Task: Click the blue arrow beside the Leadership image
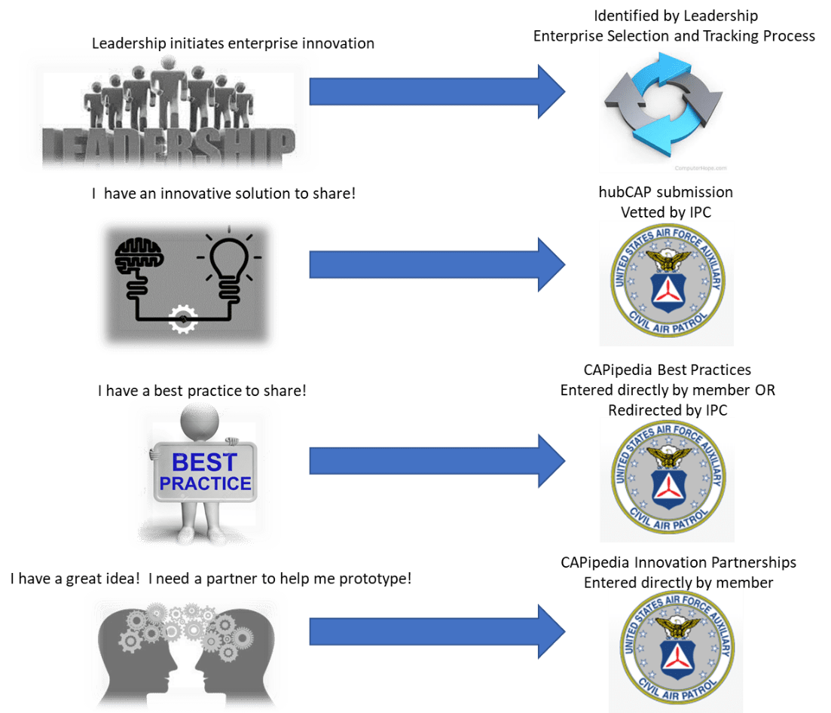[437, 91]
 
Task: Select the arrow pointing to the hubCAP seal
[437, 264]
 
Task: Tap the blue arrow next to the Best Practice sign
[437, 461]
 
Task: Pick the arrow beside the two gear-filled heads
[437, 632]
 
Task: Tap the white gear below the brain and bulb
[183, 319]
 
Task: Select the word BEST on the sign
[205, 462]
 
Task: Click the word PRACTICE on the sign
[206, 483]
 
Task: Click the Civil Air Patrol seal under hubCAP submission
[668, 282]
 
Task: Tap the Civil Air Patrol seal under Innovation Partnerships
[677, 647]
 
